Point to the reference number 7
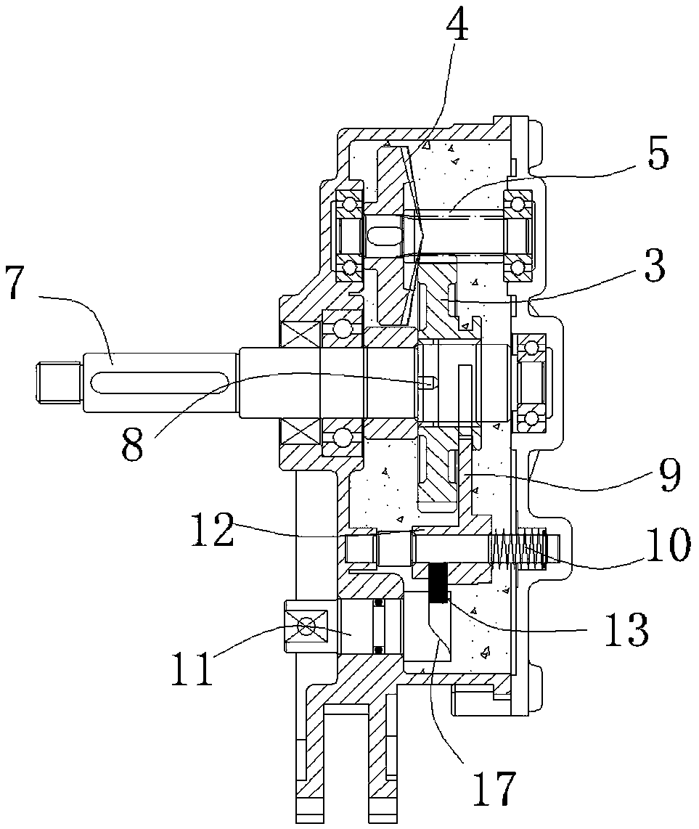tap(15, 283)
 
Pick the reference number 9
tap(668, 473)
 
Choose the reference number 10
tap(668, 544)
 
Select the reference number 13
tap(626, 629)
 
